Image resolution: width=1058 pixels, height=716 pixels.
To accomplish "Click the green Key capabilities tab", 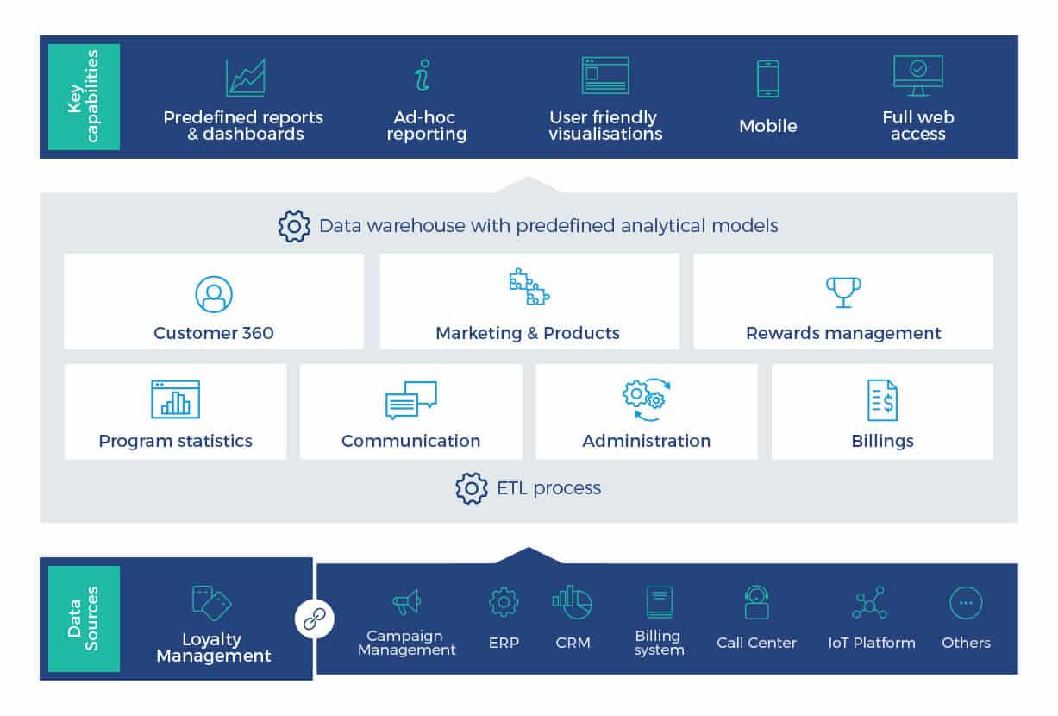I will click(84, 97).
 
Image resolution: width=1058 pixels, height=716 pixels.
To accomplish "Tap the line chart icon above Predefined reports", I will click(245, 78).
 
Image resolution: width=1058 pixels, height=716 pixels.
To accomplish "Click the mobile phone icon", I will click(767, 79).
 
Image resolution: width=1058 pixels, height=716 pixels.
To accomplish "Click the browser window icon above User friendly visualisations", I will click(605, 76).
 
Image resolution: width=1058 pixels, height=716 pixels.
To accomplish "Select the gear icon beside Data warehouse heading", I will click(294, 226).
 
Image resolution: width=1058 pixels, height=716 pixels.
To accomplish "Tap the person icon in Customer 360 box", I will click(213, 294).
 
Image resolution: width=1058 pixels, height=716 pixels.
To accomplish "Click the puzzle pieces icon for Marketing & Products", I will click(529, 288).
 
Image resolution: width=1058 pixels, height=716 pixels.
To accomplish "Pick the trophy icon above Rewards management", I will click(842, 292).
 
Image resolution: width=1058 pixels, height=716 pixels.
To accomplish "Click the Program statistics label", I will click(176, 441).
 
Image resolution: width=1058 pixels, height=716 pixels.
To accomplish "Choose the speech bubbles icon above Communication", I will click(410, 400).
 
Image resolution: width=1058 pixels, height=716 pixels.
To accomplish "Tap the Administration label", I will click(646, 441).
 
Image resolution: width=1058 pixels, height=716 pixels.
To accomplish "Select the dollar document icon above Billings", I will click(881, 400).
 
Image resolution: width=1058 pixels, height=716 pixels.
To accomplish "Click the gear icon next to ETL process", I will click(472, 488).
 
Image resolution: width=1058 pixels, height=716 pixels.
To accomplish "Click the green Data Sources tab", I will click(84, 619).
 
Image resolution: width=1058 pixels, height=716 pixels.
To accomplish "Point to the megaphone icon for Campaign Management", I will click(406, 602).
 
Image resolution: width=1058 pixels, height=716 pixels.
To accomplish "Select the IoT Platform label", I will click(871, 643).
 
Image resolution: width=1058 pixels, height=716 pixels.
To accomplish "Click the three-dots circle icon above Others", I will click(966, 603).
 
